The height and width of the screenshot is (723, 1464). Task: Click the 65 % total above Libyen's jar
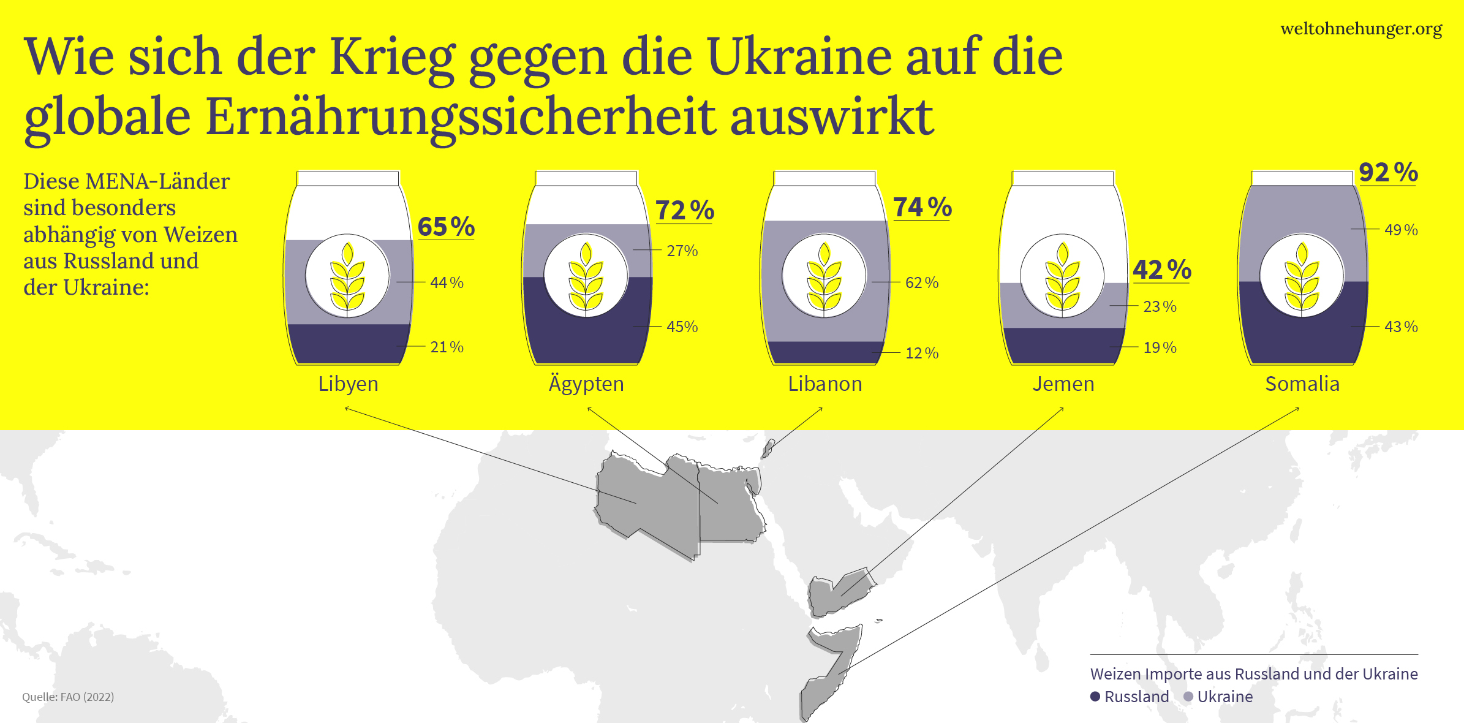pyautogui.click(x=446, y=227)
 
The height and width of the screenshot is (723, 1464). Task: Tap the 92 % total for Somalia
pyautogui.click(x=1388, y=172)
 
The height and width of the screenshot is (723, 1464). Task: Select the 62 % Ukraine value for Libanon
pyautogui.click(x=921, y=282)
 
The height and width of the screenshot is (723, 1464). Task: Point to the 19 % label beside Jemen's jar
pyautogui.click(x=1160, y=347)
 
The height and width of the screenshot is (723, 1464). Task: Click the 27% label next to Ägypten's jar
pyautogui.click(x=682, y=251)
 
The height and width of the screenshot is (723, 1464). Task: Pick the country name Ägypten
pyautogui.click(x=586, y=384)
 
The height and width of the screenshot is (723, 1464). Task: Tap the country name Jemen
pyautogui.click(x=1063, y=384)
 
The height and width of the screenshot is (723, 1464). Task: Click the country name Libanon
pyautogui.click(x=824, y=384)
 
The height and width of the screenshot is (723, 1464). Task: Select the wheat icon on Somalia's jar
pyautogui.click(x=1302, y=276)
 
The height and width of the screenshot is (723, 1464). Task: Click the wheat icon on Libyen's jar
pyautogui.click(x=347, y=276)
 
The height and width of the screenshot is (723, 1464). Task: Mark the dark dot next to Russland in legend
pyautogui.click(x=1095, y=697)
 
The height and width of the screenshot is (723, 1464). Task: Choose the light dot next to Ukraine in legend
pyautogui.click(x=1188, y=697)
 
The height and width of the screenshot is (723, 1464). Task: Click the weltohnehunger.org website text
pyautogui.click(x=1361, y=29)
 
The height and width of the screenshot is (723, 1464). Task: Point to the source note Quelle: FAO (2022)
pyautogui.click(x=68, y=697)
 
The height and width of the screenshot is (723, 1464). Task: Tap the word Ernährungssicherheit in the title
pyautogui.click(x=459, y=116)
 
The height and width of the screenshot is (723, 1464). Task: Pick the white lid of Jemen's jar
pyautogui.click(x=1063, y=178)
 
